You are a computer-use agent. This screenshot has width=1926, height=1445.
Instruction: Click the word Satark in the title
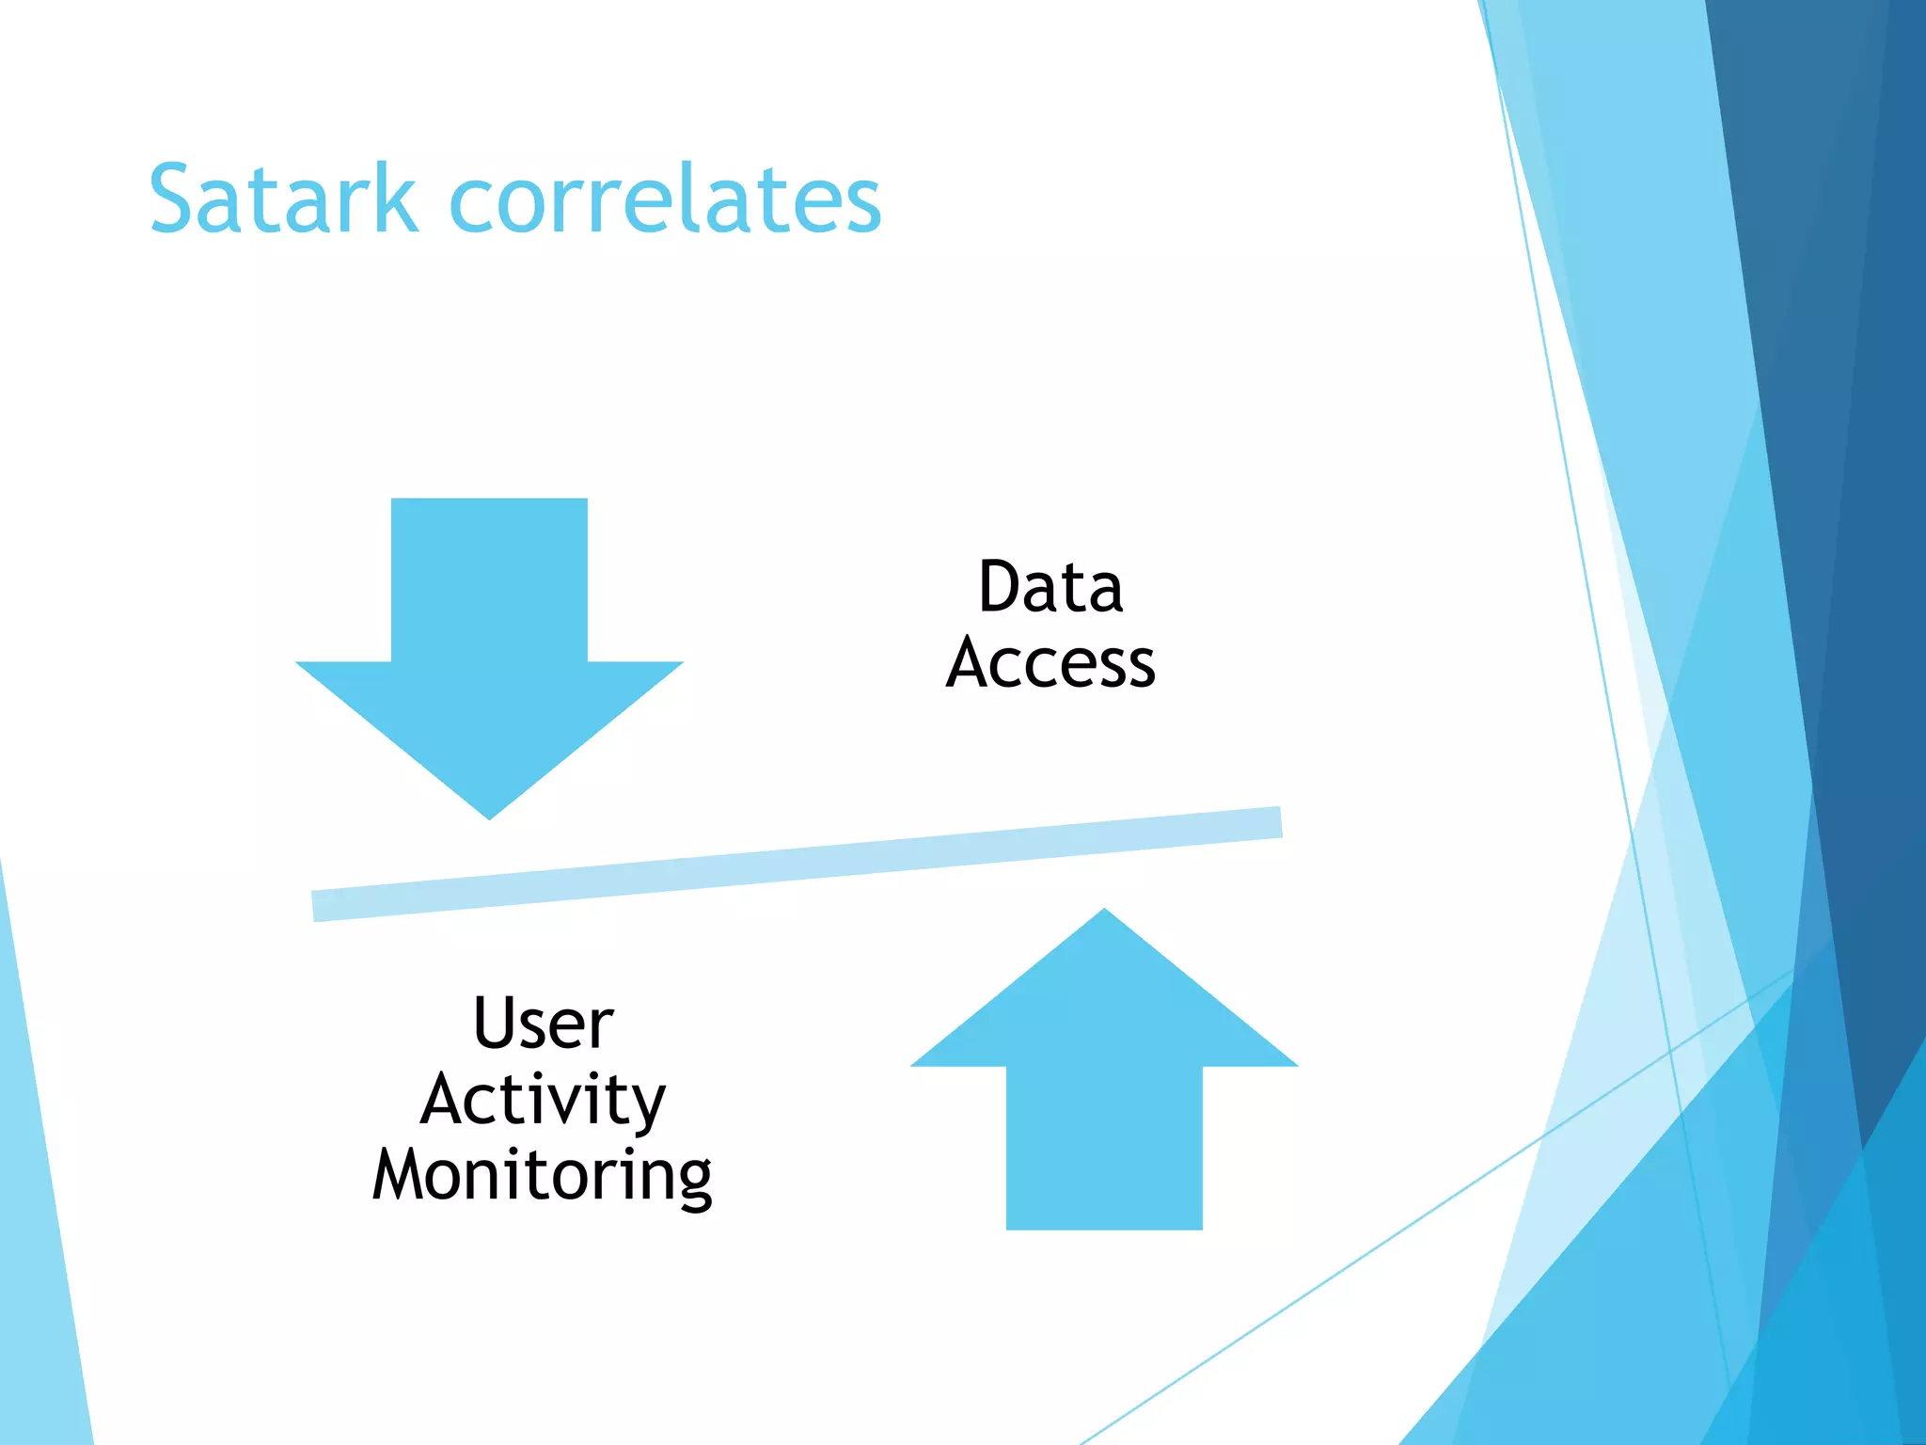282,199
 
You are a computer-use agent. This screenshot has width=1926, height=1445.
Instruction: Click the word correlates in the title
665,199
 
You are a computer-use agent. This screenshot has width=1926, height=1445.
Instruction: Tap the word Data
1050,587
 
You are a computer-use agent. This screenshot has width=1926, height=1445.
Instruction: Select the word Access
1050,663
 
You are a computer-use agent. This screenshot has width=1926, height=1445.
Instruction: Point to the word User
544,1023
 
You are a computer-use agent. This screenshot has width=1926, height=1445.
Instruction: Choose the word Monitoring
543,1176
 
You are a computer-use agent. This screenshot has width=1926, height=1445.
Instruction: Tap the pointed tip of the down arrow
489,811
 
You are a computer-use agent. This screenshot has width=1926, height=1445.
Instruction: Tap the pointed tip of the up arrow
1104,916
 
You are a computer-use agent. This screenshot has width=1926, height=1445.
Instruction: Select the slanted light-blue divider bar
797,864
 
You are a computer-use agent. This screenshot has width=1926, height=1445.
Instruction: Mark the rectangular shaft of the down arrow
489,579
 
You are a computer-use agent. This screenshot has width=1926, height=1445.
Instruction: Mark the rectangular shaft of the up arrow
1104,1148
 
